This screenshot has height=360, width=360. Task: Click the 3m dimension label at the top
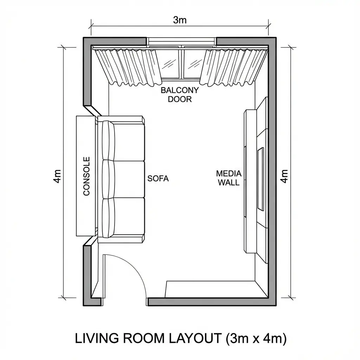tap(180, 20)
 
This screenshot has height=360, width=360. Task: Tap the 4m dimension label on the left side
tap(58, 175)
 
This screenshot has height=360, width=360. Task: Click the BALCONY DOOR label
tap(180, 94)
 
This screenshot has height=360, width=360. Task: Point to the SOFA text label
tap(158, 178)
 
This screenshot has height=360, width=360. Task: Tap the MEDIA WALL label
tap(229, 178)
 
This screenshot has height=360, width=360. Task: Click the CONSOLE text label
tap(86, 176)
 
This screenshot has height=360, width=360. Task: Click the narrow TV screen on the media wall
tap(261, 179)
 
